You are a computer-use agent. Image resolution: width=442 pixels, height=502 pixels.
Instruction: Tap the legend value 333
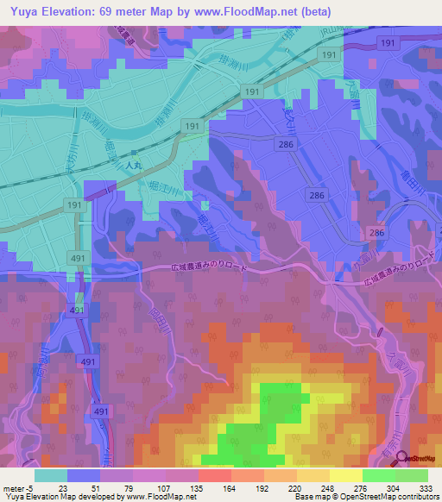tap(426, 487)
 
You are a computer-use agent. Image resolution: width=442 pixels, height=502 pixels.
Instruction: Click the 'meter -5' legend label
tap(18, 487)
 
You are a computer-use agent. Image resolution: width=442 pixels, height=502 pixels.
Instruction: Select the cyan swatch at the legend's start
tap(51, 474)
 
